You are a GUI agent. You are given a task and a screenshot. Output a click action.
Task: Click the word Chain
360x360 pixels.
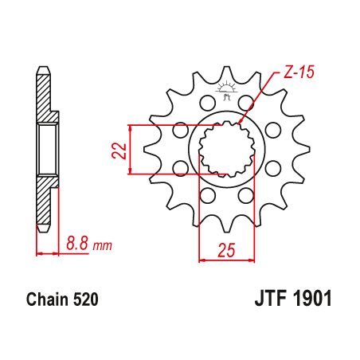tap(43, 301)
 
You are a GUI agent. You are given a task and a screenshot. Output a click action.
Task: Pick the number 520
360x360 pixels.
tap(85, 301)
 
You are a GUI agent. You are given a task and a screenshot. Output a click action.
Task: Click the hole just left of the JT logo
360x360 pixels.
tap(207, 102)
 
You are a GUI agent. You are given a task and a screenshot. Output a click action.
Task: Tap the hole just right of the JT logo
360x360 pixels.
tap(245, 102)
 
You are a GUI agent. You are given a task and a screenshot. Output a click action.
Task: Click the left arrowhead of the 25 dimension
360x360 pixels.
tap(200, 259)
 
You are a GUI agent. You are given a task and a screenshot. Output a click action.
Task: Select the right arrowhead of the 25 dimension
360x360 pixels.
tap(253, 259)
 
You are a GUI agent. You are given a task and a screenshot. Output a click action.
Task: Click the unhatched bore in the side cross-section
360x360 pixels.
tap(46, 149)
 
